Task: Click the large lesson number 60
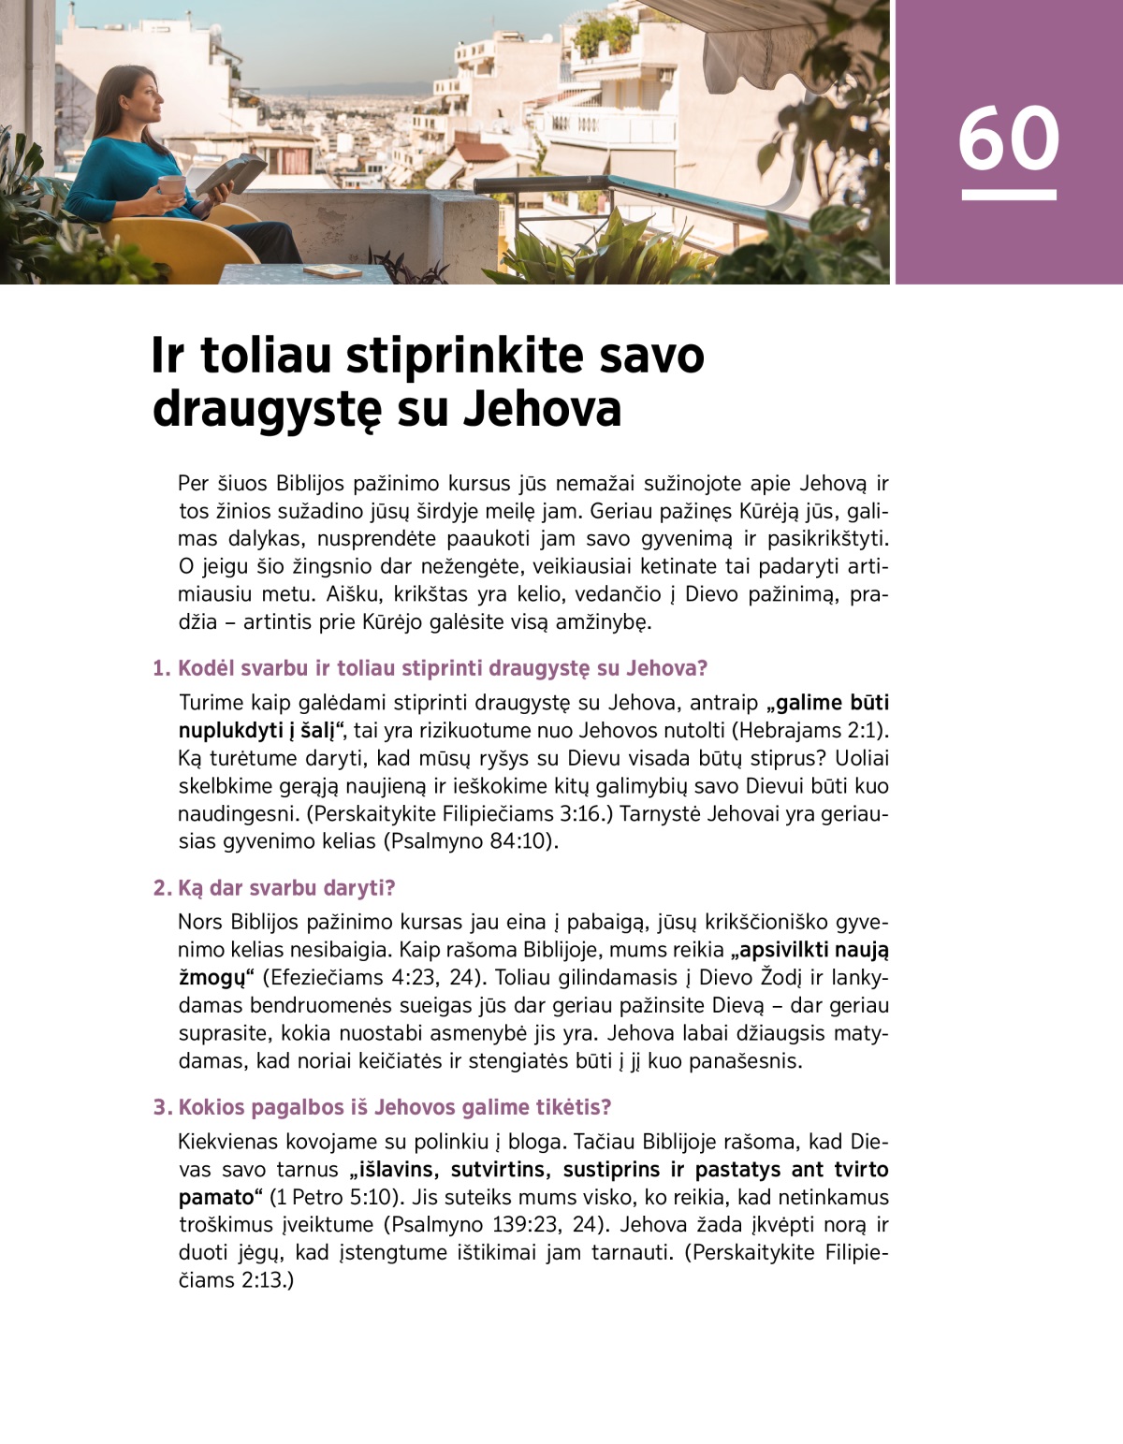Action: tap(1008, 139)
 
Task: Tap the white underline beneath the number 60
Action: tap(1008, 195)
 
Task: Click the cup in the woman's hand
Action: tap(171, 185)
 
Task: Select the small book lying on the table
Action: tap(331, 271)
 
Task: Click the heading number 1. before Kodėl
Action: tap(162, 668)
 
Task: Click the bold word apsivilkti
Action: tap(784, 950)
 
